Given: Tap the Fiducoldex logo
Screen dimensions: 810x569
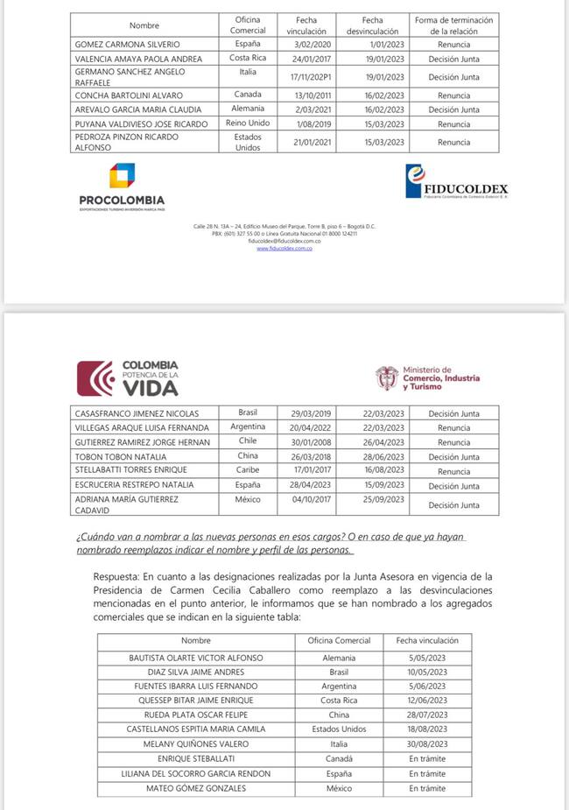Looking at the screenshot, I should (456, 183).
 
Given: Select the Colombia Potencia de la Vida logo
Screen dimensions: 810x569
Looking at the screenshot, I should (128, 377).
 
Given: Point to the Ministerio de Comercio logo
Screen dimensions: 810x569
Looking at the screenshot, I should (428, 378).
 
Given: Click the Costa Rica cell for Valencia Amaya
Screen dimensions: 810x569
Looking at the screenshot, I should (248, 59).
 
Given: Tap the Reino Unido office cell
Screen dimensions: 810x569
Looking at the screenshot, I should (248, 123).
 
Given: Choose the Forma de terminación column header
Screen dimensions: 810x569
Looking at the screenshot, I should (453, 25).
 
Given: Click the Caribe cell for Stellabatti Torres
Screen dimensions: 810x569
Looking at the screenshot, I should (248, 471).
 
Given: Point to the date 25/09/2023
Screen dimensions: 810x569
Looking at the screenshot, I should (383, 500).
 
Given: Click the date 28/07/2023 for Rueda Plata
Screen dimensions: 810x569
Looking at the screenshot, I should (427, 715).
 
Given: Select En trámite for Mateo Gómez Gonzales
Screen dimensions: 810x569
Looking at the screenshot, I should (427, 788).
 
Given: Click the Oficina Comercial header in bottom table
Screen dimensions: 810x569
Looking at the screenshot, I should (339, 641).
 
